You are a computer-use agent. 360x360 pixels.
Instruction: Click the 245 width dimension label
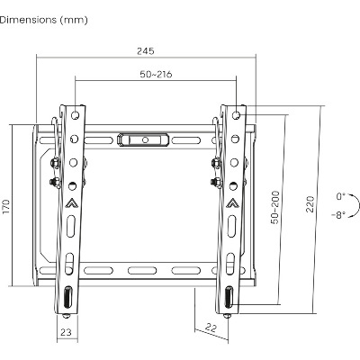coord(146,51)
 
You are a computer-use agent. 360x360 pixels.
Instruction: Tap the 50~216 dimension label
coord(156,74)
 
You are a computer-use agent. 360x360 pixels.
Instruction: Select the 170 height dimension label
coord(6,206)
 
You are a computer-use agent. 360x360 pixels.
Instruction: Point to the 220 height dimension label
coord(310,204)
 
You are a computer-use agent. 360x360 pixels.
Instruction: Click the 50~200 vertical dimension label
coord(274,207)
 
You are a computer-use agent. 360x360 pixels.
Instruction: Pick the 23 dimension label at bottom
coord(66,332)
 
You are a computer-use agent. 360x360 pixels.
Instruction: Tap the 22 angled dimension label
coord(211,328)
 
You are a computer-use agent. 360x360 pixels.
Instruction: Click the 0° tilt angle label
coord(341,197)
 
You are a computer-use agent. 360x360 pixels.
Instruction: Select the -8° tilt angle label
coord(338,215)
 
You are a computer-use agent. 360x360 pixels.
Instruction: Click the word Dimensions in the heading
coord(28,20)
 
